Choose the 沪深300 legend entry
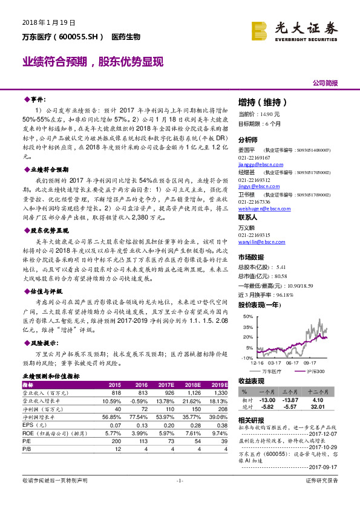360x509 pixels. point(313,371)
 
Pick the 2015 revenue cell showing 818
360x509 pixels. point(114,392)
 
